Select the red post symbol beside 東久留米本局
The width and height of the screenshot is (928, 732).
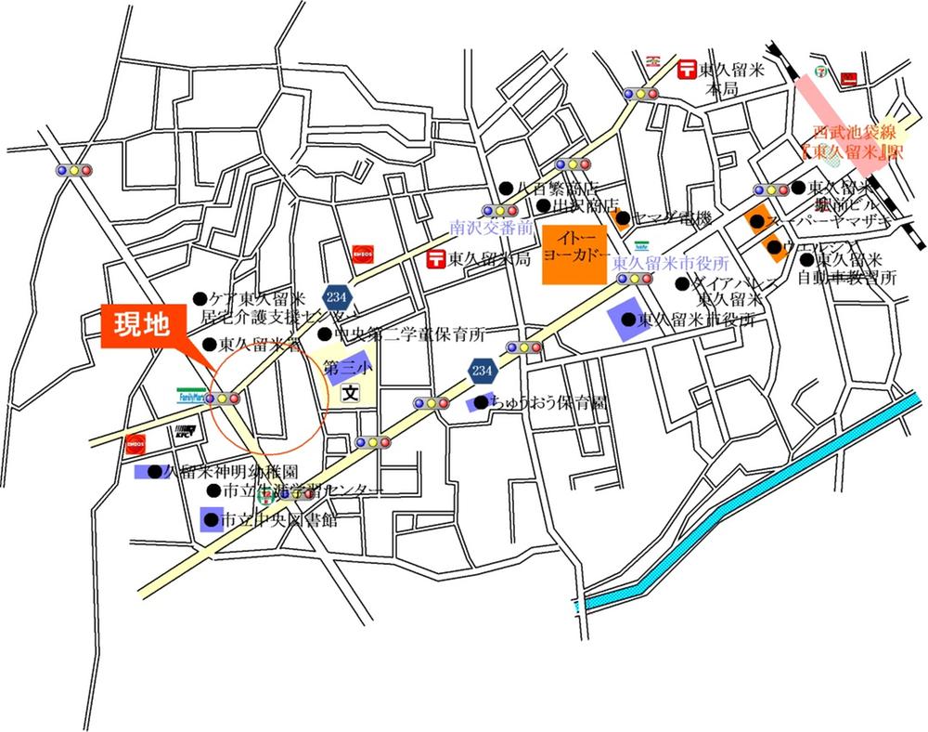point(688,68)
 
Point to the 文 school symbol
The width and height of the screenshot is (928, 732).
point(349,394)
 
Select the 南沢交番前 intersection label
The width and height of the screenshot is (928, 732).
point(493,226)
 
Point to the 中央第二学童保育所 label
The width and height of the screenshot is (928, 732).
point(414,333)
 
